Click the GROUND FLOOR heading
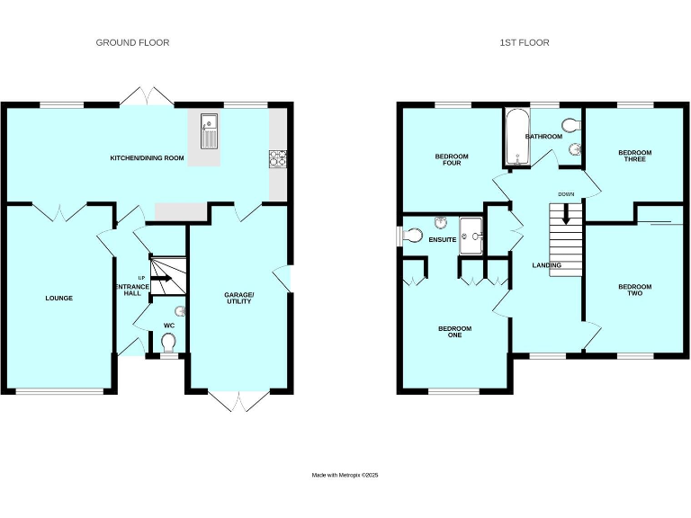click(132, 42)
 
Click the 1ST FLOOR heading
click(525, 42)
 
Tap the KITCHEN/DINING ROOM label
click(147, 158)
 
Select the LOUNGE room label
click(58, 298)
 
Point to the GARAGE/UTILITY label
click(238, 298)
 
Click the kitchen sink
click(209, 131)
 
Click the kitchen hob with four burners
click(276, 158)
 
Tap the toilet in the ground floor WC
click(168, 343)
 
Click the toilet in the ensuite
click(413, 237)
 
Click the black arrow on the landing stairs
click(566, 215)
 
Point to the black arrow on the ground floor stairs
click(161, 279)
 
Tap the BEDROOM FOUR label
click(452, 160)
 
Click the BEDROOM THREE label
click(634, 156)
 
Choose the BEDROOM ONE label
click(454, 332)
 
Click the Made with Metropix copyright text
click(345, 475)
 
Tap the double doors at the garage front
click(240, 402)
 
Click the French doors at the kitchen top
click(147, 96)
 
